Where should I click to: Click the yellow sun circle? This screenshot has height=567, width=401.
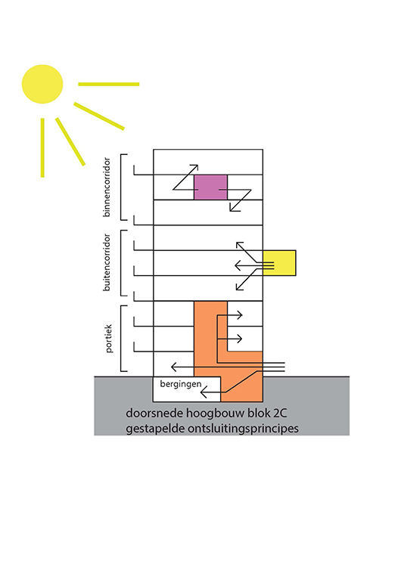point(42,84)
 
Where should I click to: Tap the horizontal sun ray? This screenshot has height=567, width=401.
point(109,84)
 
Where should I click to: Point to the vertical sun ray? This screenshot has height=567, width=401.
point(42,147)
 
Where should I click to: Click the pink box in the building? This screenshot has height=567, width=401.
point(210,187)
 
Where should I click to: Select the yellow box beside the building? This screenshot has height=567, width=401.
point(279,263)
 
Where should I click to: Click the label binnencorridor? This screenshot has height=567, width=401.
point(107,187)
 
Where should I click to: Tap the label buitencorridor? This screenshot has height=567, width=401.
point(107,262)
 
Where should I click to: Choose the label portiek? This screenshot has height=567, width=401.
point(109,339)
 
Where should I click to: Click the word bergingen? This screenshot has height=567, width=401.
point(181,384)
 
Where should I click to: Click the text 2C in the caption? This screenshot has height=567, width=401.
point(280,413)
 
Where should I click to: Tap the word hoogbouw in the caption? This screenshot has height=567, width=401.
point(216,413)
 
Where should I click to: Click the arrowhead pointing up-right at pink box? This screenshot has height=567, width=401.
point(194,169)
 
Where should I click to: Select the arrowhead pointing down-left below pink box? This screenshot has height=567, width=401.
point(234,207)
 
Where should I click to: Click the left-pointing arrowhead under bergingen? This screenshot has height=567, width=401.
point(204,392)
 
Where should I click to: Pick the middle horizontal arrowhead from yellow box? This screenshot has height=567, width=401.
point(238,266)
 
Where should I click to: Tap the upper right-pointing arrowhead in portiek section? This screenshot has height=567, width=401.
point(239,315)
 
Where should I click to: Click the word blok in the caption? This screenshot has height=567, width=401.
point(259,413)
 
